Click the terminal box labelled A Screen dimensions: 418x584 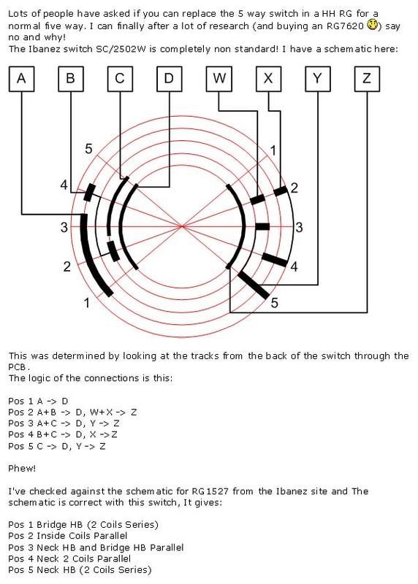tap(22, 79)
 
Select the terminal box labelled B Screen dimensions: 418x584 tap(71, 79)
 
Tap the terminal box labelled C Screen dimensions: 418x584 tap(120, 79)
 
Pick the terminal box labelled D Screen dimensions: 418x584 tap(170, 79)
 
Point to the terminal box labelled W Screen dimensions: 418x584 tap(219, 79)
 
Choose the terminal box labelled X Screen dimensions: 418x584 tap(268, 79)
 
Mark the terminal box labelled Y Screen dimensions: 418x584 tap(318, 79)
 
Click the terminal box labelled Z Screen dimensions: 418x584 tap(367, 79)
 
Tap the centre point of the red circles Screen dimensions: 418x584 tap(182, 226)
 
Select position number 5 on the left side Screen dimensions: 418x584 tap(88, 149)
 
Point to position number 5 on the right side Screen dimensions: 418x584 tap(275, 303)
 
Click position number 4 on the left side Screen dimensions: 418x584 tap(64, 185)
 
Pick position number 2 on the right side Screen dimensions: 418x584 tap(294, 188)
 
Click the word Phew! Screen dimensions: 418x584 tap(22, 468)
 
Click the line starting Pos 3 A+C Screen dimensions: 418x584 tap(64, 423)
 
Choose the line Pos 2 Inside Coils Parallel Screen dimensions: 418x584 tap(68, 536)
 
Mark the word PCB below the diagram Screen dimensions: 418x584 tap(17, 367)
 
